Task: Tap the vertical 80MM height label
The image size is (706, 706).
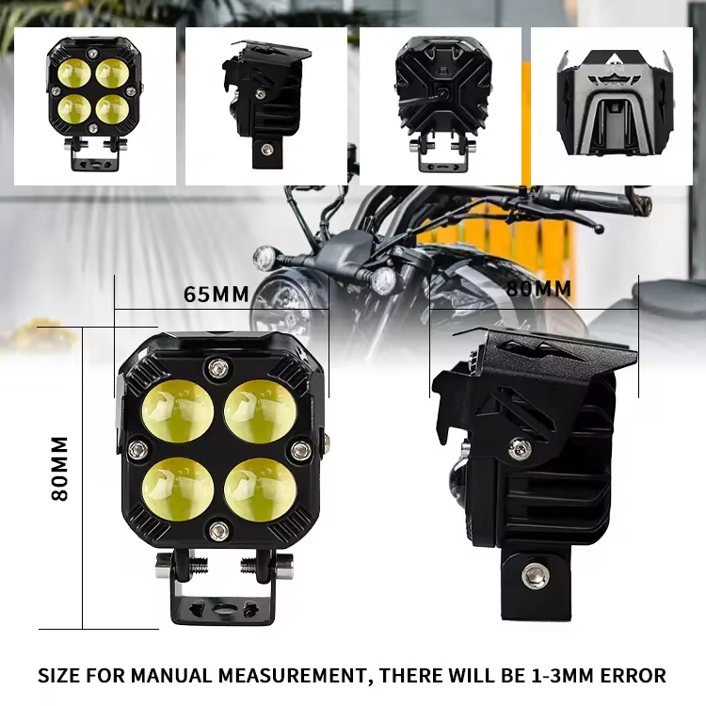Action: pyautogui.click(x=59, y=468)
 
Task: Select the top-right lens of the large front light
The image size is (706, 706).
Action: pyautogui.click(x=261, y=412)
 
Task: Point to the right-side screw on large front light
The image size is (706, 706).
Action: pyautogui.click(x=300, y=450)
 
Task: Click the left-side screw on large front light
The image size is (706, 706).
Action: pyautogui.click(x=137, y=451)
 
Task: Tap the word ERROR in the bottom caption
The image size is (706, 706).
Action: pyautogui.click(x=632, y=675)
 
